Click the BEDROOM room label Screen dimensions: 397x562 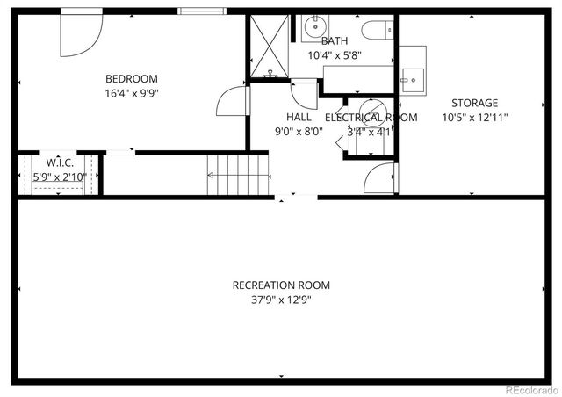coord(132,78)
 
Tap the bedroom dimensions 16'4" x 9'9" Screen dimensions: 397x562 coord(132,91)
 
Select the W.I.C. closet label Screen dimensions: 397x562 coord(59,162)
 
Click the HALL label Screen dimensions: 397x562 coord(299,117)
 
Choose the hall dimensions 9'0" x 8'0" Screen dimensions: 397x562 coord(299,131)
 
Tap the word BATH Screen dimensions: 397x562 coord(334,41)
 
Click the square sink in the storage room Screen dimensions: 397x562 coord(411,80)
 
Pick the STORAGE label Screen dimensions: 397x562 coord(474,103)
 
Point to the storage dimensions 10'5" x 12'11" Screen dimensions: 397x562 coord(474,117)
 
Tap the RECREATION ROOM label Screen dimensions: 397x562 coord(281,285)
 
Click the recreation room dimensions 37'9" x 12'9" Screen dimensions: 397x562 coord(281,299)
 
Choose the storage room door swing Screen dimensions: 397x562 coord(381,179)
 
